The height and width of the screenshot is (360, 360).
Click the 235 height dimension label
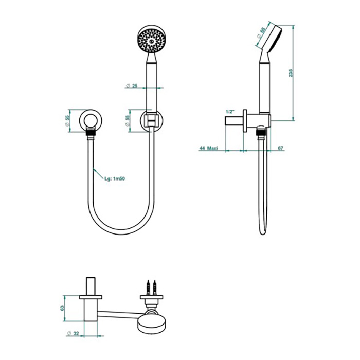point(291,73)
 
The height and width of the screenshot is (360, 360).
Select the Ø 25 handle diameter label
point(132,86)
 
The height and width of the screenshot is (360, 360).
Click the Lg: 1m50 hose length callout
point(115,178)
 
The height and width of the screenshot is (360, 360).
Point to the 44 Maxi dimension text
point(208,148)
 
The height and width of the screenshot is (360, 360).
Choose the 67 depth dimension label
point(281,148)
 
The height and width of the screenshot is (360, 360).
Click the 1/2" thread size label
point(230,112)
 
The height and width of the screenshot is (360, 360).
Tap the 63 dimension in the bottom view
point(62,308)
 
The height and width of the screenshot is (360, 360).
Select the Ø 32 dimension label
point(73,333)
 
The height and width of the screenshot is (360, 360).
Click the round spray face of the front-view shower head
point(151,41)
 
